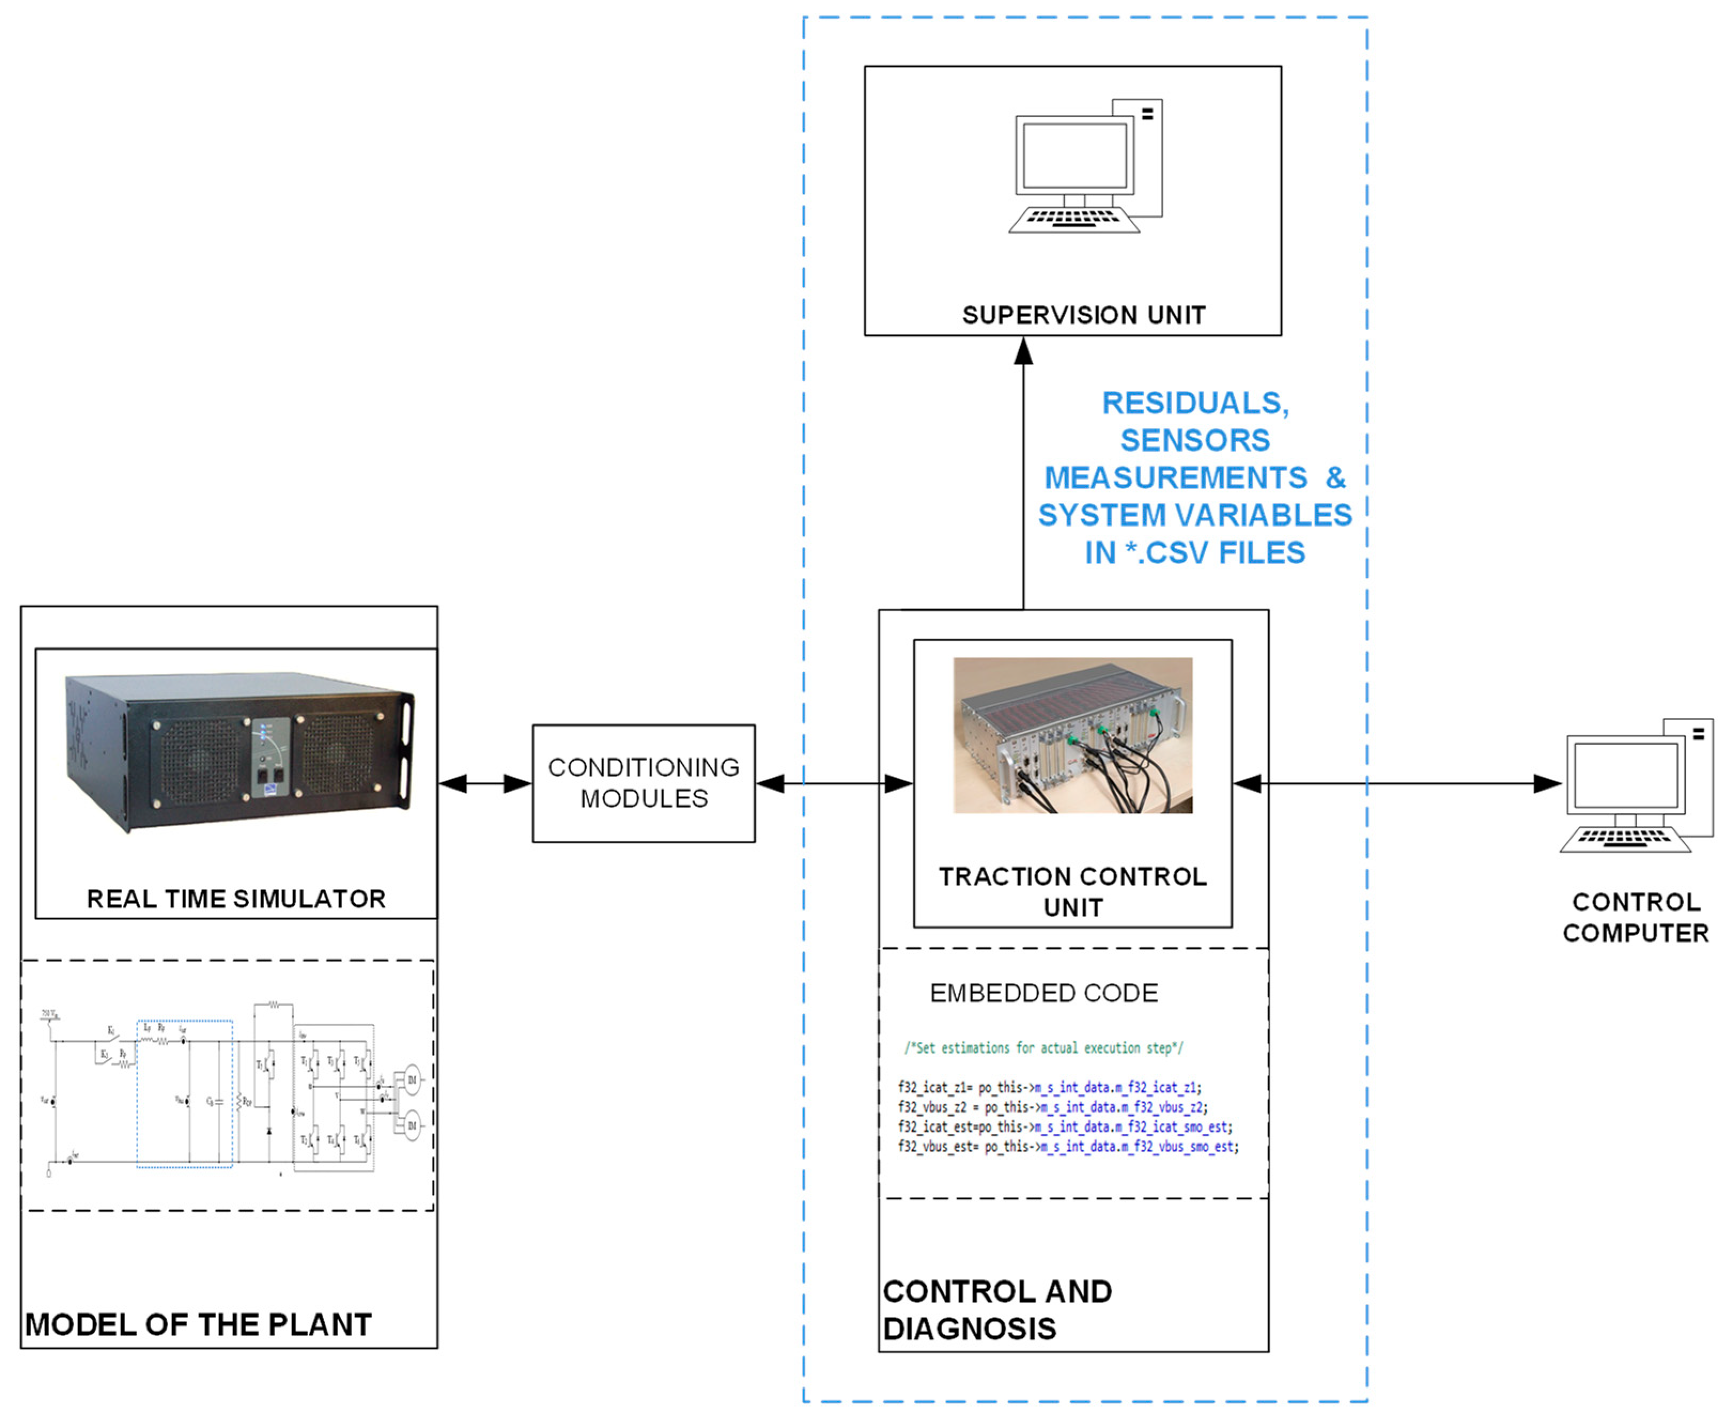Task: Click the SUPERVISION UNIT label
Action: pos(1083,315)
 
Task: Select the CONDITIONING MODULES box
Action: pos(644,783)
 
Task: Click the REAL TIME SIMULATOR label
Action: pos(236,899)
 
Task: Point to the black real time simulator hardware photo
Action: pos(239,749)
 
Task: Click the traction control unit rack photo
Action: pos(1072,735)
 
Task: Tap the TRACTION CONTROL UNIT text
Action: pos(1072,891)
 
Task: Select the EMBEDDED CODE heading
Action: pos(1043,993)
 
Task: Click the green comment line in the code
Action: pos(1043,1048)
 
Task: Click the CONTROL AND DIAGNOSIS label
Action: pos(997,1310)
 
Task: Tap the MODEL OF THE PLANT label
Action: pos(198,1324)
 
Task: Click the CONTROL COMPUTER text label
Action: pos(1635,917)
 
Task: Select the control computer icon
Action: pos(1635,786)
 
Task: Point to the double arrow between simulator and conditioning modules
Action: pos(485,783)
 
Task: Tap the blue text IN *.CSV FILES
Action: pos(1195,552)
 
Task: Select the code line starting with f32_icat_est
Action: pos(1064,1127)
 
